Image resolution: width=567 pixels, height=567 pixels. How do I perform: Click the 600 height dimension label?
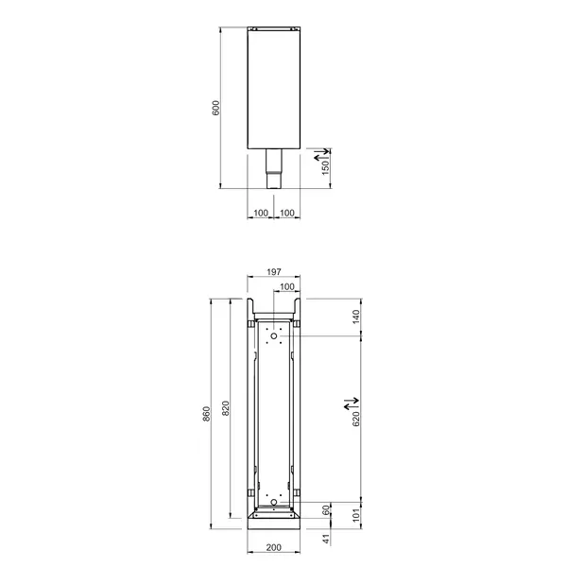[216, 108]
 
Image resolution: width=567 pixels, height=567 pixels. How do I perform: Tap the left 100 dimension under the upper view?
[260, 212]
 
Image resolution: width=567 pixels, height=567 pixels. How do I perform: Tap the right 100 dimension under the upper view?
[286, 212]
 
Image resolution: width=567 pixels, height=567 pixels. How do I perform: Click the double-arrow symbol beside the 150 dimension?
[324, 150]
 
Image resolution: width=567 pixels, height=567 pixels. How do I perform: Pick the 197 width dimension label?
[273, 272]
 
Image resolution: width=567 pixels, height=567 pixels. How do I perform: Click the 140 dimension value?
[356, 317]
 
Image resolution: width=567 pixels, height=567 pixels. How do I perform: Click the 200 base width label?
[273, 548]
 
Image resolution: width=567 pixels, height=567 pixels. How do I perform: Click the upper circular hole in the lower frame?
[273, 335]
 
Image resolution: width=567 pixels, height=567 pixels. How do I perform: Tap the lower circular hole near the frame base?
[273, 501]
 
